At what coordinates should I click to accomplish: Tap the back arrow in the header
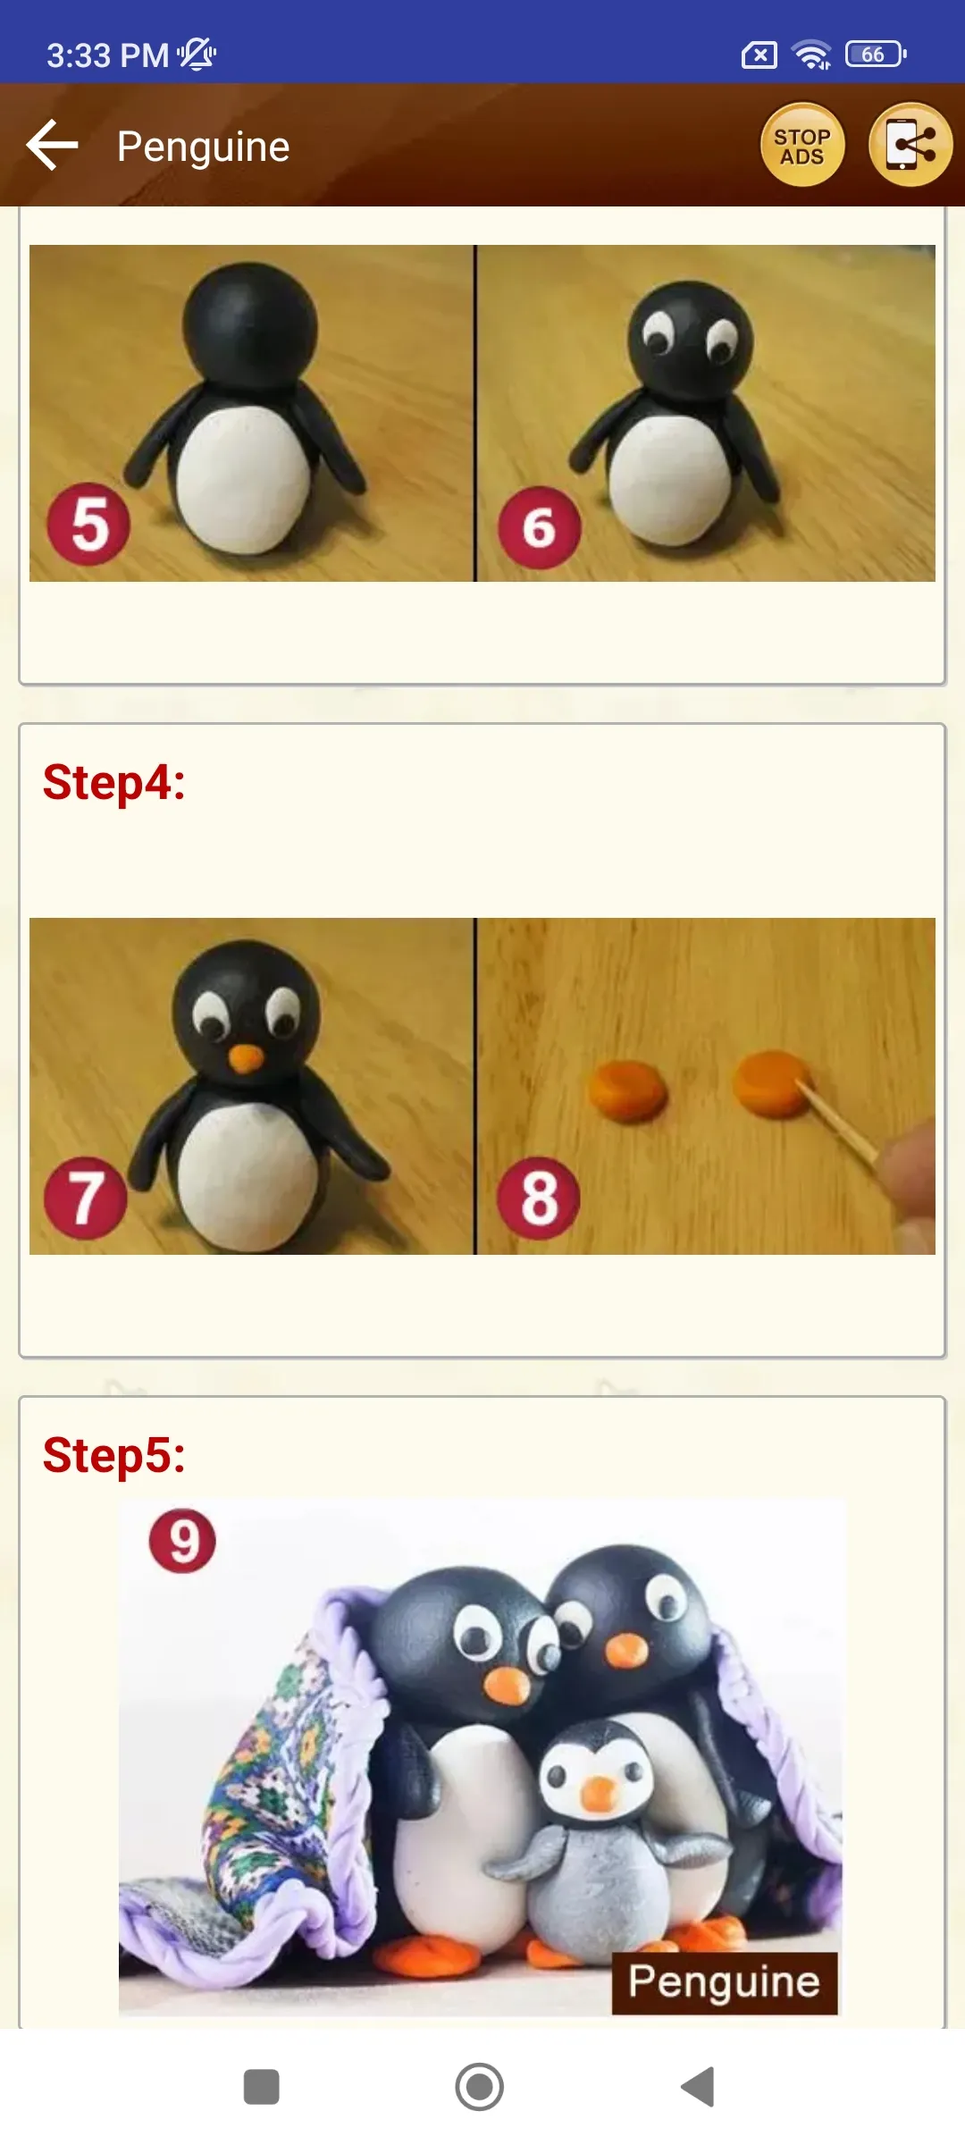pyautogui.click(x=53, y=145)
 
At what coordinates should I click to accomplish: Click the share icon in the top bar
pyautogui.click(x=910, y=145)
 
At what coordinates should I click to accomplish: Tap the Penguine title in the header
pyautogui.click(x=204, y=147)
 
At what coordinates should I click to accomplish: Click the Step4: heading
pyautogui.click(x=114, y=782)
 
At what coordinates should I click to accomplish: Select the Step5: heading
pyautogui.click(x=114, y=1455)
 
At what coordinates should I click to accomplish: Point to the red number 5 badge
pyautogui.click(x=88, y=525)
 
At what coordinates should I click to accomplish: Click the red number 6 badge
pyautogui.click(x=539, y=527)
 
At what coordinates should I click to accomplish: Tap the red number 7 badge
pyautogui.click(x=86, y=1198)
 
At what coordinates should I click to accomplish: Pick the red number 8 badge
pyautogui.click(x=539, y=1198)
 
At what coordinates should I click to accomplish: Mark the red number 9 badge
pyautogui.click(x=182, y=1541)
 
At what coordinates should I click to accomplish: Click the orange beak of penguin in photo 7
pyautogui.click(x=245, y=1058)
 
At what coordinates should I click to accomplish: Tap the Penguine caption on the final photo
pyautogui.click(x=725, y=1982)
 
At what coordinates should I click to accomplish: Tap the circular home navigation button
pyautogui.click(x=480, y=2087)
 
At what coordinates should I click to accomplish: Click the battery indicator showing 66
pyautogui.click(x=876, y=55)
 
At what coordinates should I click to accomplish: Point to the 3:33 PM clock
pyautogui.click(x=107, y=55)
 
